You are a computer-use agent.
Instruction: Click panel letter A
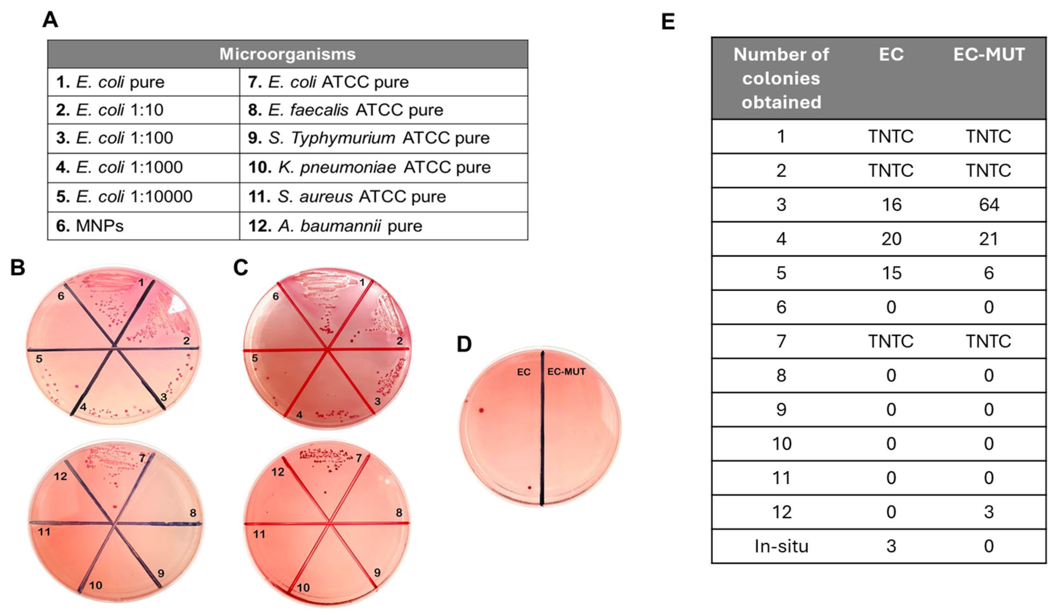point(50,20)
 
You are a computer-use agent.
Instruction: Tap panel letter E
point(668,22)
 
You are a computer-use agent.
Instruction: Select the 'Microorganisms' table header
point(287,54)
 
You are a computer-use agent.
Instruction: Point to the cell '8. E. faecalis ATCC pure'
point(345,110)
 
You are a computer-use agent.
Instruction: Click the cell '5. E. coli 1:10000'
point(124,197)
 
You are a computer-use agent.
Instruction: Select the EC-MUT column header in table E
point(989,55)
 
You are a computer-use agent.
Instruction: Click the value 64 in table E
point(989,205)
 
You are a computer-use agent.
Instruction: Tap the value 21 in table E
point(989,239)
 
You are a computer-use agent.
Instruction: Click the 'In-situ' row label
point(781,546)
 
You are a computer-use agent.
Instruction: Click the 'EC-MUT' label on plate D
point(566,372)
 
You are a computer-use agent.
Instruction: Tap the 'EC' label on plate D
point(524,372)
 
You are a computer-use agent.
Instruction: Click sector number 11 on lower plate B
point(44,532)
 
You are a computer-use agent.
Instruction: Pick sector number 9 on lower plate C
point(377,573)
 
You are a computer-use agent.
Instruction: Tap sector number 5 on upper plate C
point(255,358)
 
